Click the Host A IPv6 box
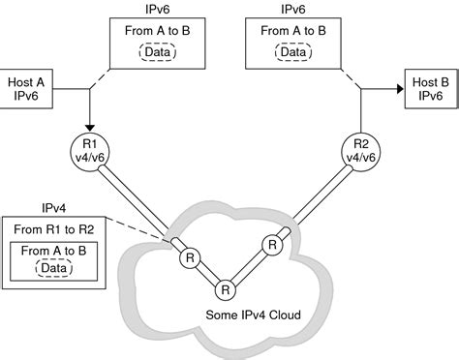(x=29, y=88)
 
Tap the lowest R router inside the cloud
(x=225, y=289)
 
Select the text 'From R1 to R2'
(x=55, y=228)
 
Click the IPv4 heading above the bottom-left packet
(x=54, y=207)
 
